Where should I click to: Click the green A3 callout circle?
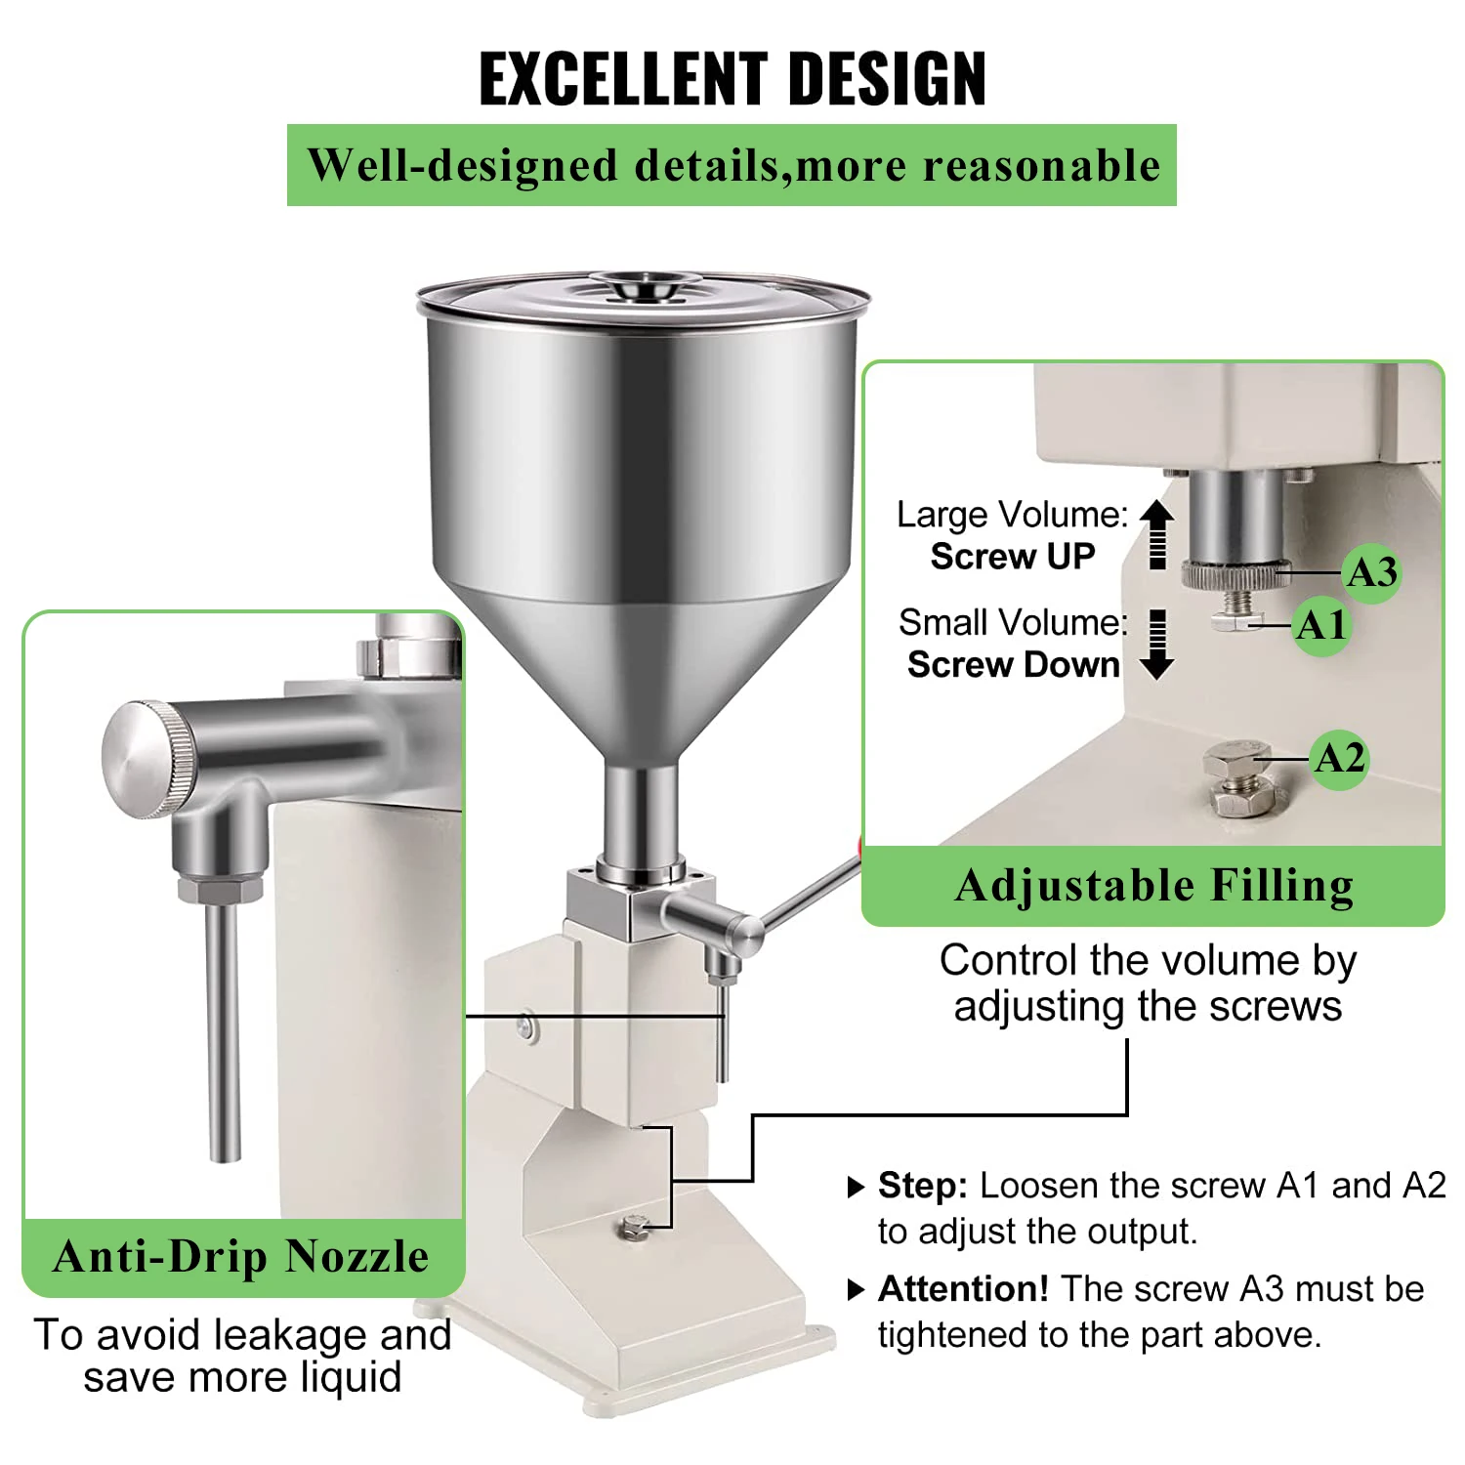[x=1371, y=573]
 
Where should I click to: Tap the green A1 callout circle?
[x=1321, y=626]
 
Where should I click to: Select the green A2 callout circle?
[x=1339, y=759]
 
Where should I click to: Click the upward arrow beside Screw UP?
[x=1157, y=533]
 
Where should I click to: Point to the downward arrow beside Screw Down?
[x=1157, y=646]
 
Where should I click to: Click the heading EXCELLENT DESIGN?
[x=732, y=78]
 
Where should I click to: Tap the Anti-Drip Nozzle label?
[x=241, y=1257]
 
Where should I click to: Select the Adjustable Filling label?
[x=1153, y=887]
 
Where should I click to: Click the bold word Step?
[x=922, y=1186]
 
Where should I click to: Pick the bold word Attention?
[x=963, y=1289]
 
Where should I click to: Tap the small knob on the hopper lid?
[x=646, y=287]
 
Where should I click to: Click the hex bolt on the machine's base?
[x=636, y=1227]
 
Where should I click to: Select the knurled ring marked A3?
[x=1235, y=575]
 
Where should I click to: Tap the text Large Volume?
[x=1012, y=515]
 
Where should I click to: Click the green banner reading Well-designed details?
[x=732, y=165]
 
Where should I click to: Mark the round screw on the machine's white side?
[x=526, y=1026]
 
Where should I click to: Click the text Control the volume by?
[x=1148, y=961]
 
